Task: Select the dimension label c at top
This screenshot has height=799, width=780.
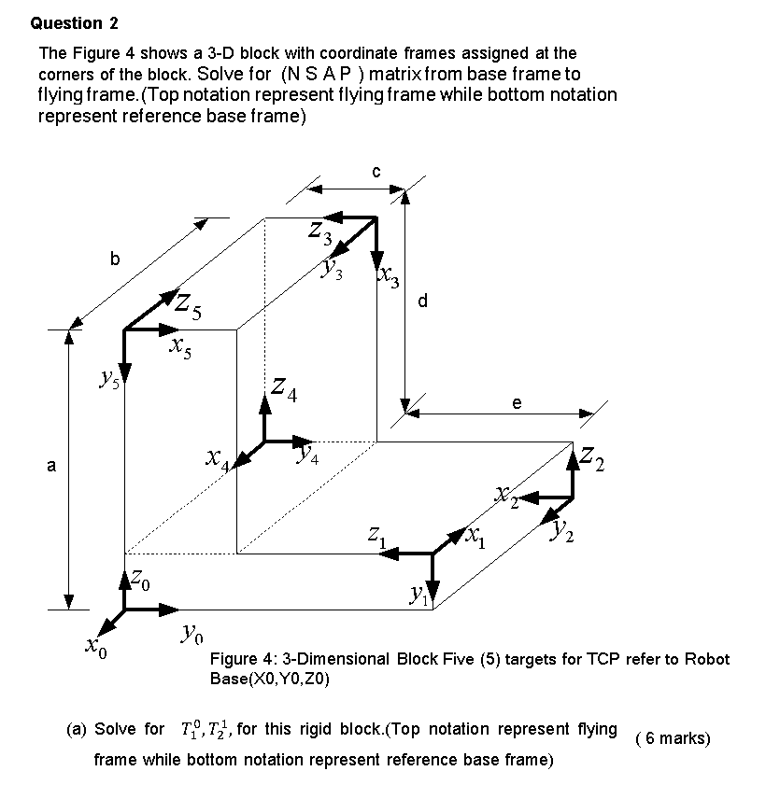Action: [x=376, y=171]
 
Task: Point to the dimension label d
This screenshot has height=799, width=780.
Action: [x=423, y=301]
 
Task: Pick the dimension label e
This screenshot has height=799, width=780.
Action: [x=517, y=402]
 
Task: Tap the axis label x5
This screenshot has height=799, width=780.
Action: [x=181, y=349]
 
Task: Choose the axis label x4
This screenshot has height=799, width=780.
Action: [x=218, y=458]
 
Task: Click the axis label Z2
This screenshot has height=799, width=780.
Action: [x=592, y=458]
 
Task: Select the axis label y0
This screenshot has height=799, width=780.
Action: [x=191, y=638]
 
